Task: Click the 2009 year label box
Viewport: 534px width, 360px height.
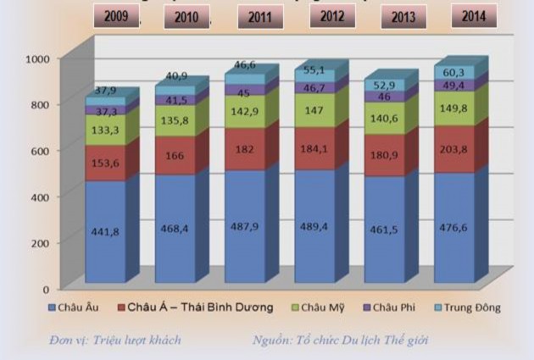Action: [x=116, y=16]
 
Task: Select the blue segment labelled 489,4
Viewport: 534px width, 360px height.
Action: [x=315, y=226]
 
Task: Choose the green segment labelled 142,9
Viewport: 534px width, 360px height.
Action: [x=245, y=112]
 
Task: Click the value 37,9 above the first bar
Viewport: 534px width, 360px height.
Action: [x=106, y=91]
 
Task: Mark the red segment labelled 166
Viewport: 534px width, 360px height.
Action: [x=175, y=156]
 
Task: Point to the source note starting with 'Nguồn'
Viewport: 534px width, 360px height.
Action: [x=340, y=341]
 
